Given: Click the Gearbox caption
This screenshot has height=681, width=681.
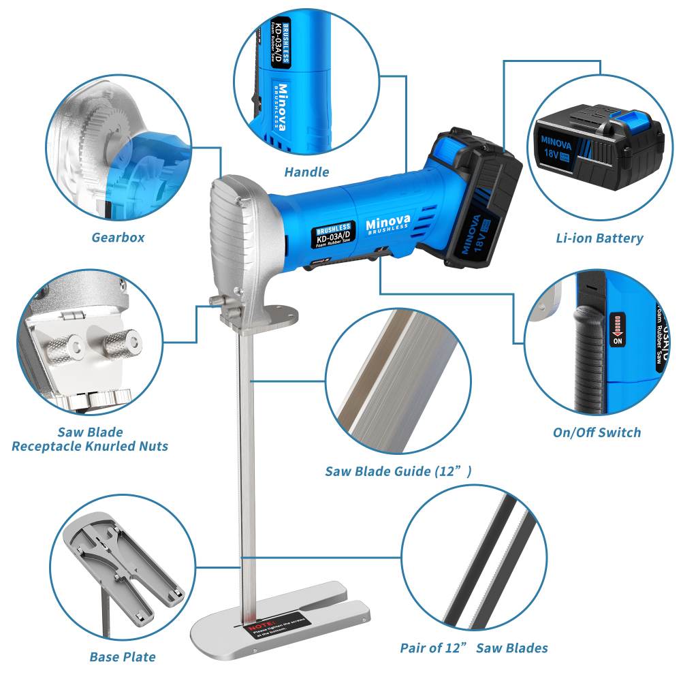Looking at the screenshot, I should (x=118, y=238).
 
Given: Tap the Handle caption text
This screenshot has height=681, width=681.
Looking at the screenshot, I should (x=306, y=172).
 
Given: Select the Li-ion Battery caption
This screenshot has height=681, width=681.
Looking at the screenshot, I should (x=599, y=238).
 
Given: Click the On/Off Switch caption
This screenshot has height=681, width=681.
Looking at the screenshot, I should (x=597, y=432).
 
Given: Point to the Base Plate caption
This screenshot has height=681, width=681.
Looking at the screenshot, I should (x=123, y=657).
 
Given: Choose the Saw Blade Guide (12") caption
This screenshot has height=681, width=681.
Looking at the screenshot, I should (x=398, y=471).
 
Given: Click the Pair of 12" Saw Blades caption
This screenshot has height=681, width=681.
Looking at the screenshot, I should (x=474, y=648).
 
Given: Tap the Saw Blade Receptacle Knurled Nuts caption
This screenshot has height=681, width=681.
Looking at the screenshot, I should (x=90, y=439).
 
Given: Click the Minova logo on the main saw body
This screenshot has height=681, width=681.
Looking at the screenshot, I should (x=386, y=224).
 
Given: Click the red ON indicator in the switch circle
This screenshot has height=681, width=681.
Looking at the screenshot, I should (x=618, y=330).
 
